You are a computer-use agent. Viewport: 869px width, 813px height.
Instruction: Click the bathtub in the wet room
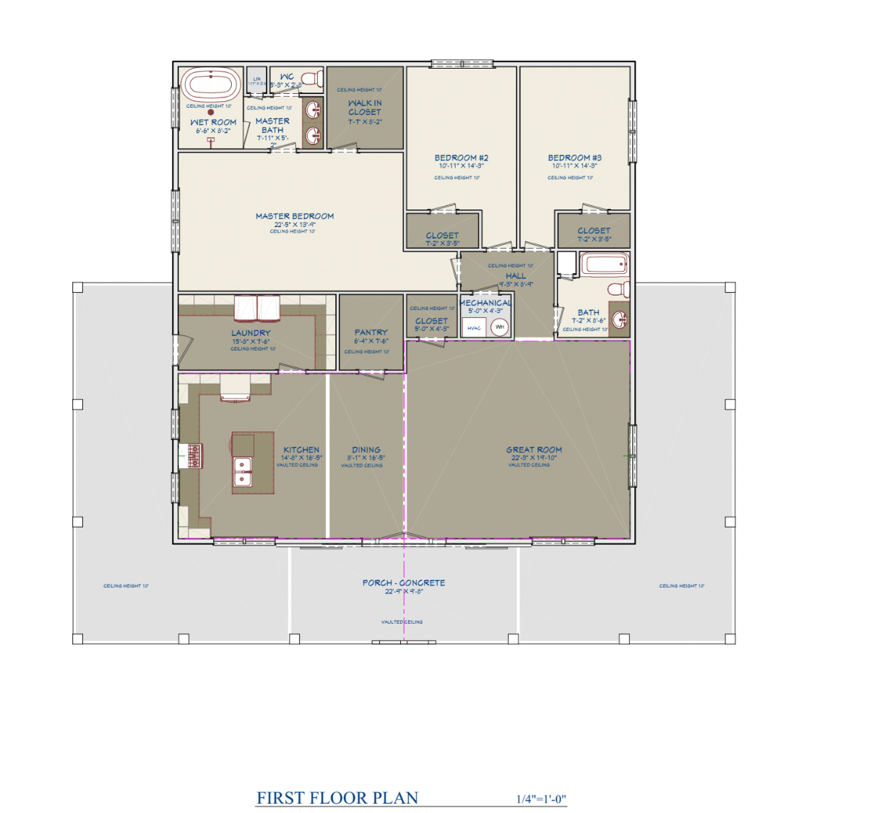(x=211, y=85)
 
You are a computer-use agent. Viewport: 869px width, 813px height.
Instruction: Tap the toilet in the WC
(x=311, y=77)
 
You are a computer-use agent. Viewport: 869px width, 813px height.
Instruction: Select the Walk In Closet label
(x=364, y=108)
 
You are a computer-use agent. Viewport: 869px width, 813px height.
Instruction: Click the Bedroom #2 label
(x=461, y=158)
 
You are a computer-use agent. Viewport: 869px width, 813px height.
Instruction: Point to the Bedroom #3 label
(x=574, y=158)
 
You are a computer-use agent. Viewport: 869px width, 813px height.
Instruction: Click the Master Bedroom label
(x=295, y=216)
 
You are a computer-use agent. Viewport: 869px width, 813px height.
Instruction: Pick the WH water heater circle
(x=499, y=327)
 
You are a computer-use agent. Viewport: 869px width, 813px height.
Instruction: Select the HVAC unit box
(x=474, y=328)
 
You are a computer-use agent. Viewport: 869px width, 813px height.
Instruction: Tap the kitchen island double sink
(x=242, y=471)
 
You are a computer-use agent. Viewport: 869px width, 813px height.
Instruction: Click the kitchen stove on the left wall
(x=194, y=455)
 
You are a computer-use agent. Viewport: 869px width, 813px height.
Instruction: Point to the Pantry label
(x=371, y=332)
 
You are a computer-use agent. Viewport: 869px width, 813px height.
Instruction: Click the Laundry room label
(x=251, y=333)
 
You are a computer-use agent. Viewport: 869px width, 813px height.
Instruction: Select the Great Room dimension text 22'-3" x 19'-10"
(x=534, y=457)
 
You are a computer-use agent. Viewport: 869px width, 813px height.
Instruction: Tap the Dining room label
(x=366, y=449)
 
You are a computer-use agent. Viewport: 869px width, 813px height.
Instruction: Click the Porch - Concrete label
(x=404, y=582)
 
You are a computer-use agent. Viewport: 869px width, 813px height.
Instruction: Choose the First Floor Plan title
(x=337, y=798)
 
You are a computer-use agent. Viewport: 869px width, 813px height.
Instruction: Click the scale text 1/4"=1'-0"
(x=541, y=799)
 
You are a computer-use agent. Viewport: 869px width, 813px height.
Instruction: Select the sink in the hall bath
(x=619, y=318)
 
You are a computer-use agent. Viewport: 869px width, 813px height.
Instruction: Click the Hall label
(x=516, y=276)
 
